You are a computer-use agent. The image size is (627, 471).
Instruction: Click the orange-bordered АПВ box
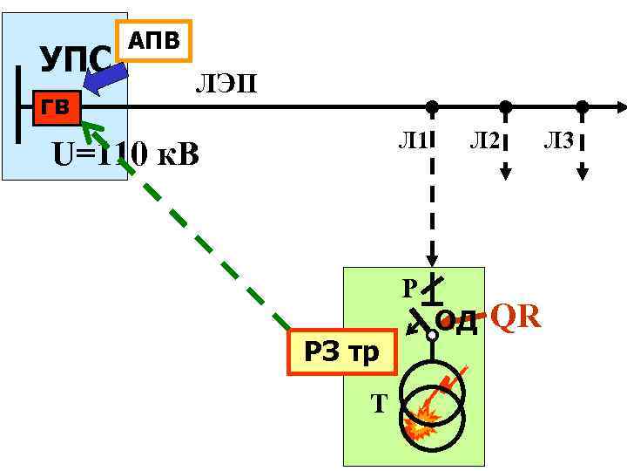click(153, 41)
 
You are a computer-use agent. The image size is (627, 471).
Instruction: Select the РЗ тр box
click(340, 352)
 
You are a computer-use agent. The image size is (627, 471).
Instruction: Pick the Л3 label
click(558, 139)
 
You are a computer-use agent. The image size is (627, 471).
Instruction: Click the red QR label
click(516, 317)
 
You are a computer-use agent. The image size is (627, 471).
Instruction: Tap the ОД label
click(456, 323)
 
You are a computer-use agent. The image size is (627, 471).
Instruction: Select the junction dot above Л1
click(431, 107)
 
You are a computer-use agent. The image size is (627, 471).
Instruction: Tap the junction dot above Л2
click(504, 107)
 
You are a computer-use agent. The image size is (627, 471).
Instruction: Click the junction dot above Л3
click(582, 107)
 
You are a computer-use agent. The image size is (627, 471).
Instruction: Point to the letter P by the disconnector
click(409, 288)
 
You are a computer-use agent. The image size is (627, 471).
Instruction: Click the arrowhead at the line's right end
click(621, 107)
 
